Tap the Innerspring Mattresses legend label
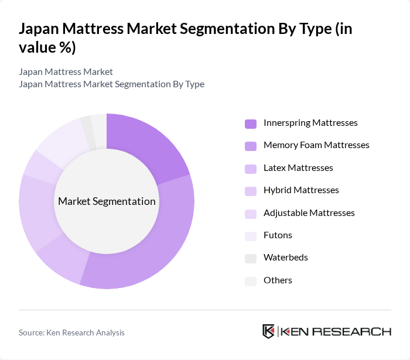pos(310,123)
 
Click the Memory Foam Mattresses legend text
pos(316,145)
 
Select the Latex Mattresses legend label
pos(298,168)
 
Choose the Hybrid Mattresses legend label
pos(301,190)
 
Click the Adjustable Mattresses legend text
pos(309,212)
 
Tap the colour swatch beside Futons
pos(251,235)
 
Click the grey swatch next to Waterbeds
pos(251,258)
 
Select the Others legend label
pos(278,280)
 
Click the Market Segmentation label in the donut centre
pos(107,201)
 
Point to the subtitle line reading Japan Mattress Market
pos(66,72)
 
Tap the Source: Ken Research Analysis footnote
pos(71,332)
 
